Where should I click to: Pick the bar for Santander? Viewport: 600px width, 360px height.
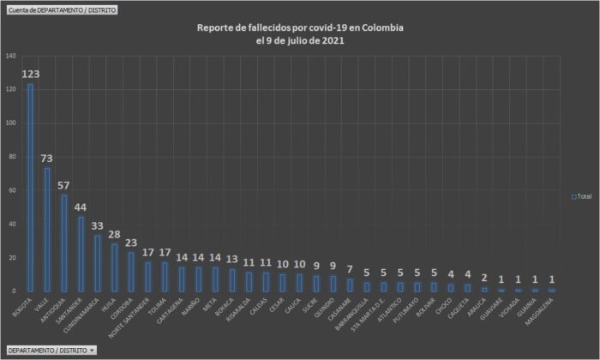coord(81,254)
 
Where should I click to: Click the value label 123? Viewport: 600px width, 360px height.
coord(31,74)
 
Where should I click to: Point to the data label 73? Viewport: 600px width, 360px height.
coord(47,159)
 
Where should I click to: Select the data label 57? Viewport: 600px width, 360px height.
coord(63,186)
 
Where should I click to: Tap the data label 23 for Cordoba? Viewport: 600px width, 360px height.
coord(130,243)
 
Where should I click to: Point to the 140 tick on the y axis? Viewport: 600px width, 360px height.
coord(10,56)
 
